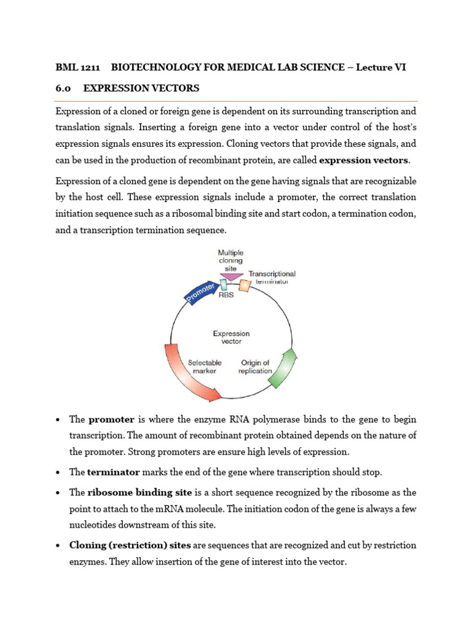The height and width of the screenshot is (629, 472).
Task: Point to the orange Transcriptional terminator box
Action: pos(245,285)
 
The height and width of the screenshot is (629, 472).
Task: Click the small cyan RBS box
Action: pos(223,285)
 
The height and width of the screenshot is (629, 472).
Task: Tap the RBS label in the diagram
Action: pos(227,295)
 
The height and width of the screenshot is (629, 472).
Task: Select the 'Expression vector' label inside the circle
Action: pos(231,337)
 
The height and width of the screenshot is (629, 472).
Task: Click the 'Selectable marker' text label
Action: pos(205,367)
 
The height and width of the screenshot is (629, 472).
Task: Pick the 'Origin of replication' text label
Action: pos(255,367)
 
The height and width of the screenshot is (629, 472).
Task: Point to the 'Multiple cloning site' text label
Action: pos(230,260)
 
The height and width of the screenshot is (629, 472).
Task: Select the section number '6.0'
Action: pos(63,88)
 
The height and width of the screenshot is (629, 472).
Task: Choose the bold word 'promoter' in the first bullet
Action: pos(111,420)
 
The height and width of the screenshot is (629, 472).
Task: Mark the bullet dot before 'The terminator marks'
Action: pos(57,473)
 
